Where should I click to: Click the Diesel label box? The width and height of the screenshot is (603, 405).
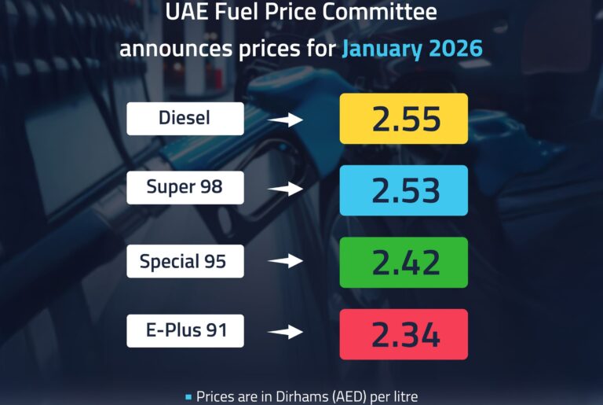pos(185,119)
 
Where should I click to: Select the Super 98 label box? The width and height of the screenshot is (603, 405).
pos(185,188)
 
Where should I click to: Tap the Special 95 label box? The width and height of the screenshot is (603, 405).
pos(185,261)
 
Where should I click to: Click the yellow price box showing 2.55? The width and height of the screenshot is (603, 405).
pos(404,119)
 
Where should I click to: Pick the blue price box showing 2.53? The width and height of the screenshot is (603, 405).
pos(404,190)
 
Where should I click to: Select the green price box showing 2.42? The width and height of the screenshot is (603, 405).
pos(404,262)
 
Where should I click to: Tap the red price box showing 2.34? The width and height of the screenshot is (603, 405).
pos(404,334)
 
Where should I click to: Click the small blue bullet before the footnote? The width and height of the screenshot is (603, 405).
pos(188,396)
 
